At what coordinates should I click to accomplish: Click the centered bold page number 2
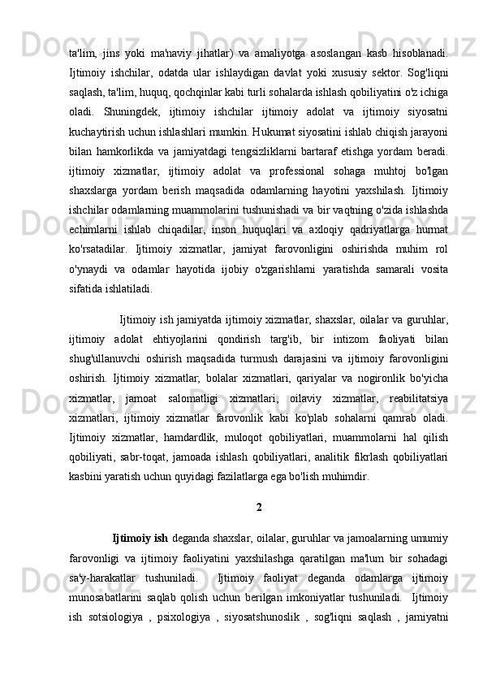pos(258,509)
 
